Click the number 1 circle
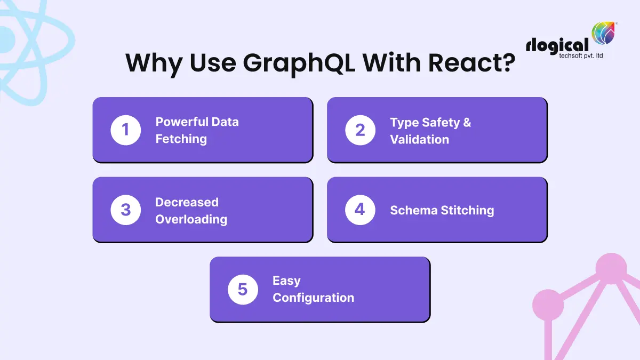(x=126, y=130)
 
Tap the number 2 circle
(x=361, y=130)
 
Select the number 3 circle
(x=126, y=210)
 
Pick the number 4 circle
(x=361, y=210)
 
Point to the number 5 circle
(x=243, y=290)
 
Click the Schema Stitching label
(x=442, y=210)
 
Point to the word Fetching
(x=181, y=139)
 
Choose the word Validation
(x=419, y=140)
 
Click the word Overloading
(x=191, y=219)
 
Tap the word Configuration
(x=313, y=298)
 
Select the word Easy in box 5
(x=286, y=281)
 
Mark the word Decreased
(x=187, y=202)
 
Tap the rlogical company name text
(x=557, y=46)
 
